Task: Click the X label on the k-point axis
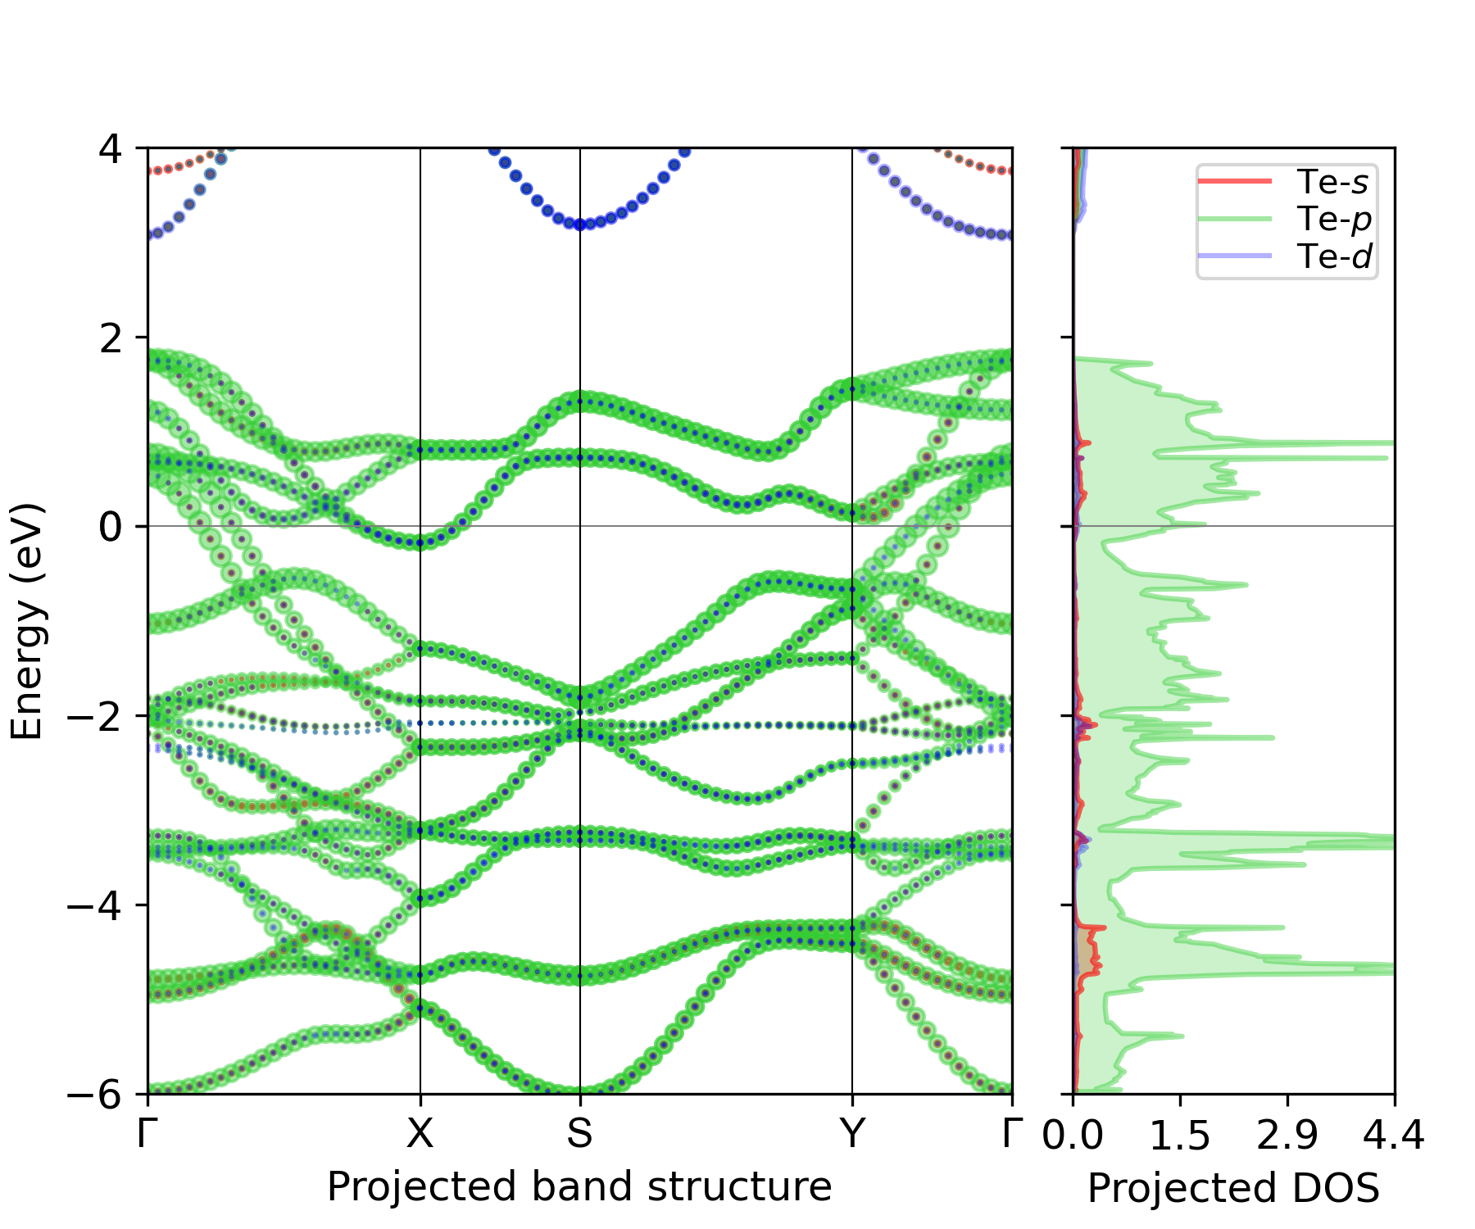click(x=420, y=1134)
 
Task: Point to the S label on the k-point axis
click(x=579, y=1134)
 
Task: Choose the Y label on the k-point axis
click(x=852, y=1134)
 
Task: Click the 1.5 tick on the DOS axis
click(x=1180, y=1136)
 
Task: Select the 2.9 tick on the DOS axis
click(x=1287, y=1136)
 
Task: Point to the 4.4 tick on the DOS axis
click(x=1394, y=1136)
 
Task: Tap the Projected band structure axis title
click(x=579, y=1186)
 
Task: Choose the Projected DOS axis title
click(x=1233, y=1188)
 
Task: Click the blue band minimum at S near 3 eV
click(x=580, y=224)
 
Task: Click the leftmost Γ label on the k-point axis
click(x=147, y=1134)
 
